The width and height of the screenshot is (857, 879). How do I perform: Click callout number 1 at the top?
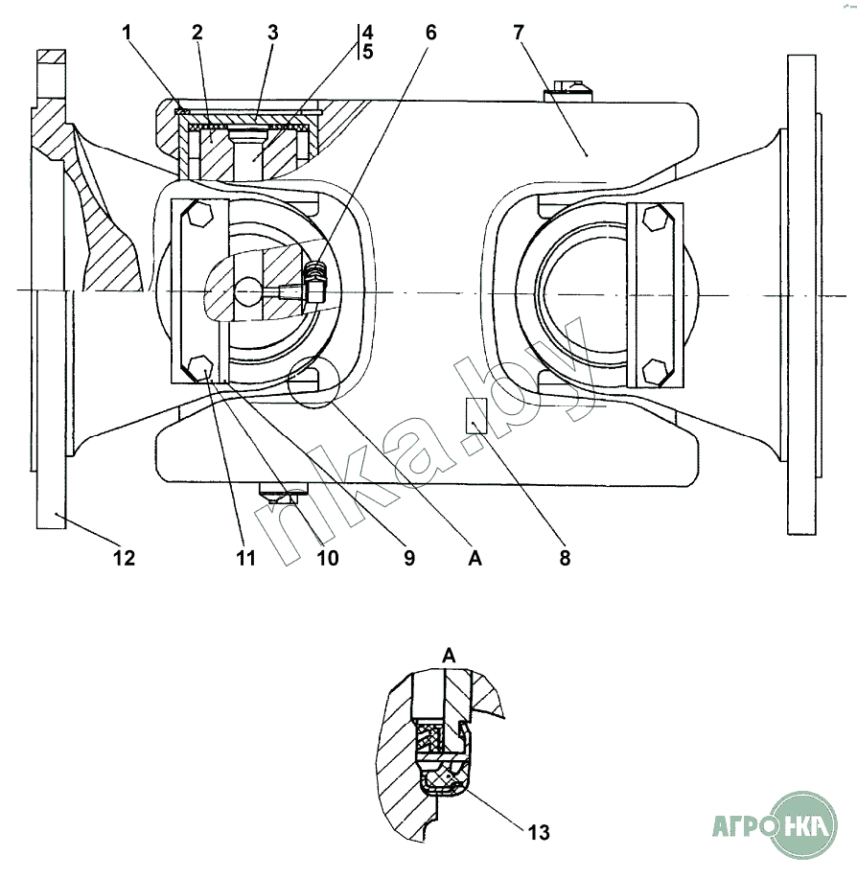pyautogui.click(x=127, y=33)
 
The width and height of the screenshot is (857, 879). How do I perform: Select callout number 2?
pyautogui.click(x=197, y=33)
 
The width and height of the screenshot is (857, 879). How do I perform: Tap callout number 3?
pyautogui.click(x=273, y=33)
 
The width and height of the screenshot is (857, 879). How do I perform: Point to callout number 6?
pyautogui.click(x=430, y=33)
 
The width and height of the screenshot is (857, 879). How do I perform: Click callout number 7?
pyautogui.click(x=519, y=33)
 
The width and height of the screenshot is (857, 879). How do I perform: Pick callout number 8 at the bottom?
pyautogui.click(x=565, y=558)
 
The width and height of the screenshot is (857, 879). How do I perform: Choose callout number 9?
pyautogui.click(x=409, y=558)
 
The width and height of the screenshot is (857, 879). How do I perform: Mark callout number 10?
pyautogui.click(x=328, y=558)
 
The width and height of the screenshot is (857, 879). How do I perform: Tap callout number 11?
pyautogui.click(x=246, y=558)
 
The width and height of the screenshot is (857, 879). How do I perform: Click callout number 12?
pyautogui.click(x=125, y=558)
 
